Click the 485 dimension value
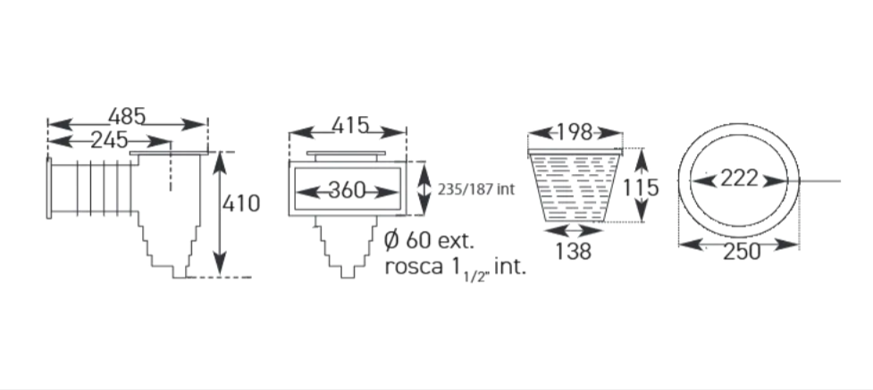coord(127,117)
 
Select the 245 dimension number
coord(109,140)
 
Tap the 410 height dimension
coord(241,203)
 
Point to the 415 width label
coord(350,126)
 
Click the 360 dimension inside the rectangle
coord(347,190)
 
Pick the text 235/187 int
coord(476,190)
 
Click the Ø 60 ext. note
coord(429,241)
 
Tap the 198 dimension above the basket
coord(575,132)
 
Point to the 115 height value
coord(641,187)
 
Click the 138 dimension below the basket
coord(574,252)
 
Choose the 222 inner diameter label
coord(739,179)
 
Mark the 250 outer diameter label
coord(742,252)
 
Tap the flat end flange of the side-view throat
coord(49,188)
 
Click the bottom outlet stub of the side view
coord(180,271)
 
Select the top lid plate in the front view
coord(346,153)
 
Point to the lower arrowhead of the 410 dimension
coord(221,262)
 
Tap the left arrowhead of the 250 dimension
coord(692,244)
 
